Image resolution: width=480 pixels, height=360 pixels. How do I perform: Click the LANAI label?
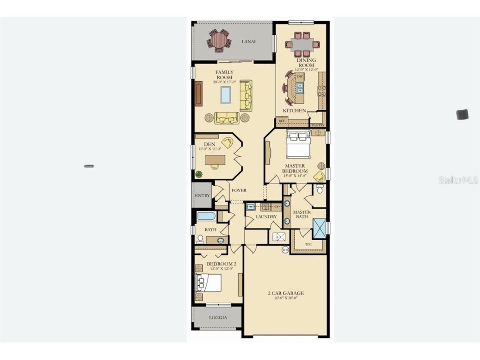tap(249, 42)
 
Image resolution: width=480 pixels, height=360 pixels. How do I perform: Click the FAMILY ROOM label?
tap(224, 75)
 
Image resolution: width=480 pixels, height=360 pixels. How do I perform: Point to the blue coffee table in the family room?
tap(225, 95)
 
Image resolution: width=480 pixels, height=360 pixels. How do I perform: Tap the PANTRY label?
tap(318, 125)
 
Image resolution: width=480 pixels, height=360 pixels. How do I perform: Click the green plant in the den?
tap(199, 175)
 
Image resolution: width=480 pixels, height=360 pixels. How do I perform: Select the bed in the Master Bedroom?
tap(298, 145)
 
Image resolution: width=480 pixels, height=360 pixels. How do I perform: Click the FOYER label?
tap(239, 190)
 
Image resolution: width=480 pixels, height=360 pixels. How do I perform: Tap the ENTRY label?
tap(202, 195)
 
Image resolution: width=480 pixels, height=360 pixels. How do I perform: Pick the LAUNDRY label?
tap(266, 217)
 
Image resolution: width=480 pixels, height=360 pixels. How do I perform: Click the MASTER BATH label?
tap(302, 215)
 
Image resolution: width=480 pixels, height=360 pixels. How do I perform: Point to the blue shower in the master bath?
tap(319, 228)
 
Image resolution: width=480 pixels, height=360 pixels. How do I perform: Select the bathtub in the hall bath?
tap(207, 216)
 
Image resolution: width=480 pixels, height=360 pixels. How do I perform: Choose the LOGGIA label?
tap(217, 317)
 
